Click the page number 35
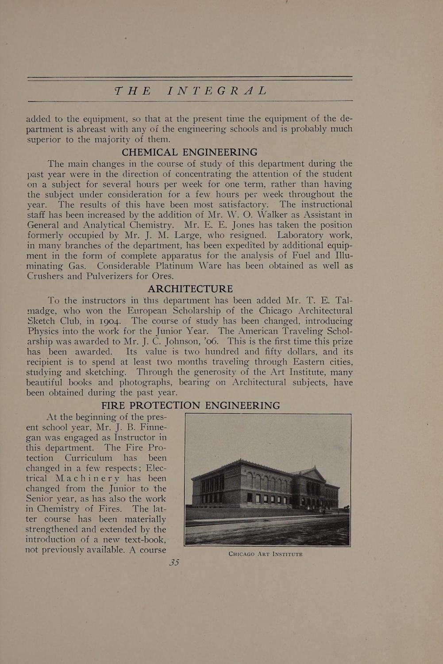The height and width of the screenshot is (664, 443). click(174, 563)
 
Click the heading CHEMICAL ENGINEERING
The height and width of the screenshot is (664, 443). click(189, 152)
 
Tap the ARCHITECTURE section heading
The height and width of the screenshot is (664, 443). click(190, 289)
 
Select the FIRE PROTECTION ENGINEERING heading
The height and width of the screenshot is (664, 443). click(190, 405)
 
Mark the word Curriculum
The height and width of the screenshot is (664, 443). click(89, 458)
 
